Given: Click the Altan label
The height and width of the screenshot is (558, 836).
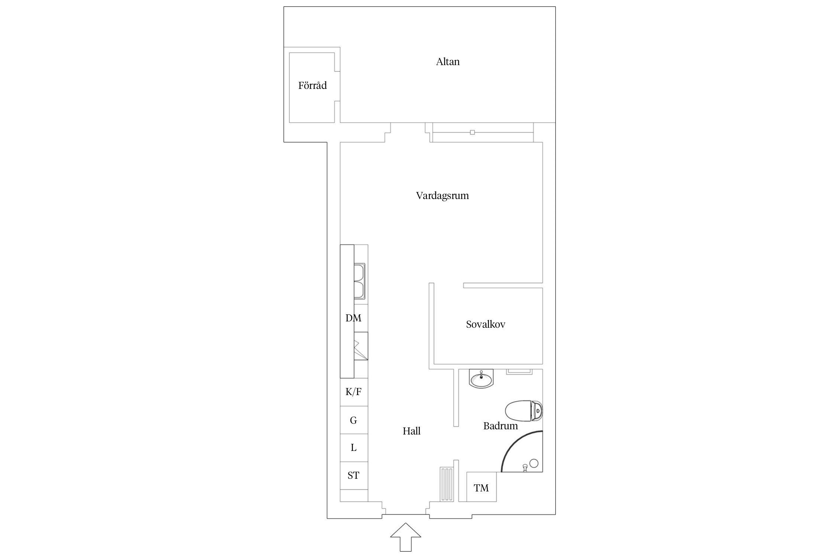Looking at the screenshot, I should [x=448, y=62].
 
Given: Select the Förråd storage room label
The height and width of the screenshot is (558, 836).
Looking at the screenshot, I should [x=312, y=86].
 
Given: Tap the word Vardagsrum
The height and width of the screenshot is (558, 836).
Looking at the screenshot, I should [x=442, y=196].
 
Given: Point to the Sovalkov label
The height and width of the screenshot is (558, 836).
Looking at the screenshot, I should [x=486, y=324].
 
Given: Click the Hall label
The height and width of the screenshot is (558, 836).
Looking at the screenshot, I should [x=412, y=431].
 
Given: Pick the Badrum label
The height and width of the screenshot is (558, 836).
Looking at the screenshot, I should [x=500, y=426].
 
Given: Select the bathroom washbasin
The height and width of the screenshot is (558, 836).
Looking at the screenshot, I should [x=481, y=379].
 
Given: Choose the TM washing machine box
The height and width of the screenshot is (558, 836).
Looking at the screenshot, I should [x=481, y=487].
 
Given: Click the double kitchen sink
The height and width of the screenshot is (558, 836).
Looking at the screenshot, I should [x=359, y=281].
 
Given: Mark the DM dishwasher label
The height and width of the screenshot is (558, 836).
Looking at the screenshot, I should [x=353, y=318].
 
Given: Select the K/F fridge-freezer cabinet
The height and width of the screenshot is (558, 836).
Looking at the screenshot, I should [x=354, y=392].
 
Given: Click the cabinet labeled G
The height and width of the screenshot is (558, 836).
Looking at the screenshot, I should [x=354, y=420].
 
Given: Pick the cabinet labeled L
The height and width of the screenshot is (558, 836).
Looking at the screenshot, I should [x=354, y=448].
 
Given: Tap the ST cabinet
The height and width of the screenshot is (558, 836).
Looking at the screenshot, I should [x=354, y=475].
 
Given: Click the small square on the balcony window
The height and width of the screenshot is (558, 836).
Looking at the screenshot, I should [x=472, y=132].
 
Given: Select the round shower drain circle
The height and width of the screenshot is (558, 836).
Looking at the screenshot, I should [x=534, y=463].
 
